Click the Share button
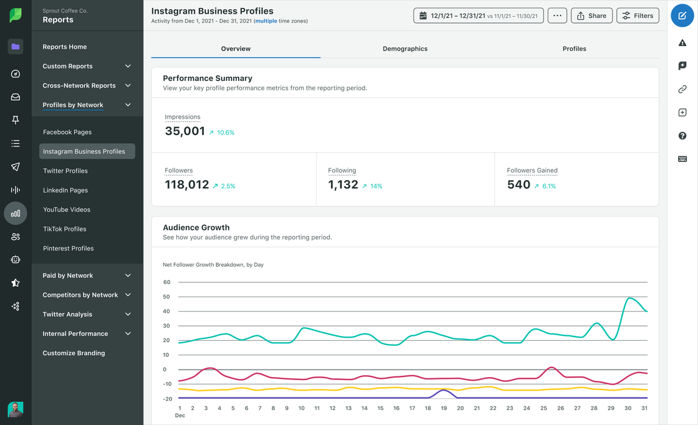[591, 16]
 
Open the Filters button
[638, 16]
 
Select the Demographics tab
[405, 49]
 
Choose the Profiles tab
[574, 49]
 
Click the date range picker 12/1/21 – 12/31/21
[478, 16]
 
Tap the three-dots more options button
[557, 16]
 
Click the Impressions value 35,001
[185, 131]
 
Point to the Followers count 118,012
[187, 184]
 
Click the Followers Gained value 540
[519, 184]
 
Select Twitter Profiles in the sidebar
[65, 171]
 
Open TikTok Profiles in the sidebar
[65, 229]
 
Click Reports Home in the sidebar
[65, 47]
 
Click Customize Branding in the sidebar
[74, 353]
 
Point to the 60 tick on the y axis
[166, 282]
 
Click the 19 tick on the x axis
[444, 408]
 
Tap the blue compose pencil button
[682, 16]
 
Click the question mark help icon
[682, 136]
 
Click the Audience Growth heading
[196, 227]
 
